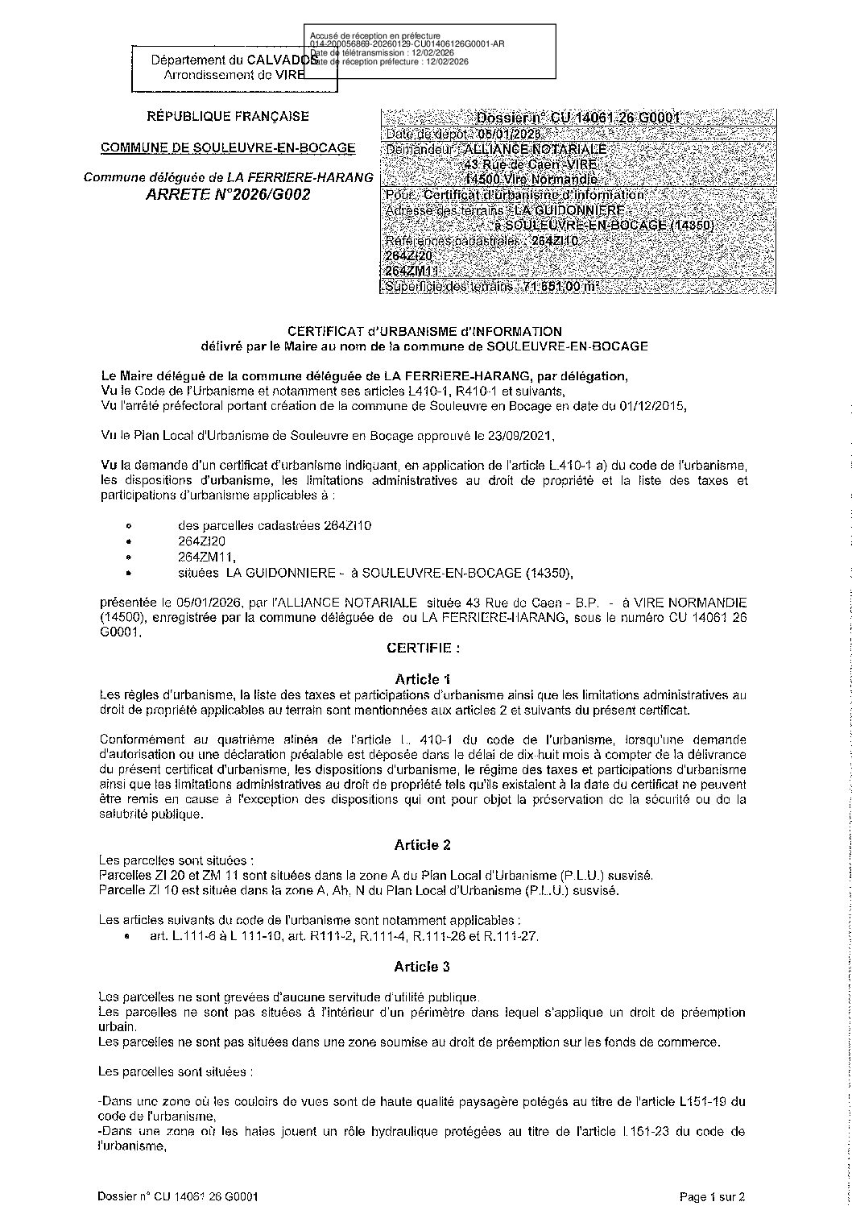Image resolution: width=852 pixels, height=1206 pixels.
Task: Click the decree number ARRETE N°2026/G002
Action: (x=227, y=195)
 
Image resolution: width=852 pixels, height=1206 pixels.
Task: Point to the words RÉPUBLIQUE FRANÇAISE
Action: (x=227, y=117)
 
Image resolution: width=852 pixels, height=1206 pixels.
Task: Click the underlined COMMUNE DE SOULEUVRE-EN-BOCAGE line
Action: (x=227, y=147)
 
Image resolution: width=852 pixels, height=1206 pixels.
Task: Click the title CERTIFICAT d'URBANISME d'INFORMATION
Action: (x=424, y=330)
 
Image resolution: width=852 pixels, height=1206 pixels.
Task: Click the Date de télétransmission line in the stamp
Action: (x=383, y=52)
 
